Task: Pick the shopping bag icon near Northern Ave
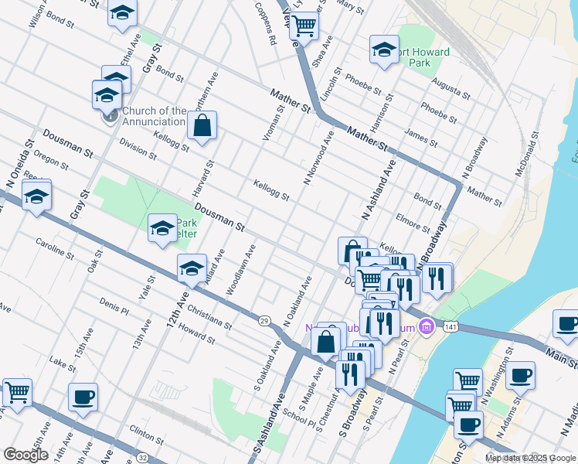tap(202, 126)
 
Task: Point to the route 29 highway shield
tap(264, 320)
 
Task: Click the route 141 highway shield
tap(448, 329)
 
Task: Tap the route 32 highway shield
tap(161, 438)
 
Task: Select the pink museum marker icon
tap(425, 329)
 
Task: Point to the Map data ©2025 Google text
tap(531, 459)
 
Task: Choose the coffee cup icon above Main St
tap(566, 324)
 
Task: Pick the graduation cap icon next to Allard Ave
tap(192, 268)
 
